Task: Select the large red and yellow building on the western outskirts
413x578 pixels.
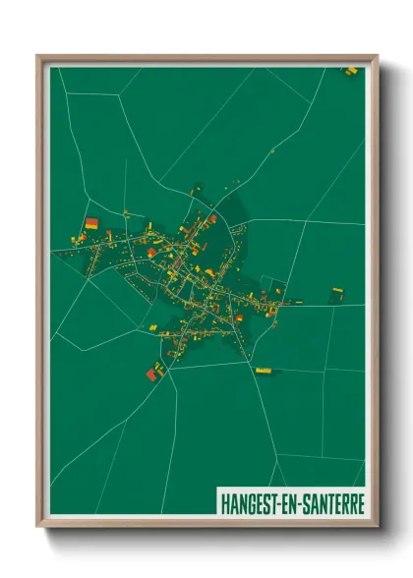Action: click(x=91, y=224)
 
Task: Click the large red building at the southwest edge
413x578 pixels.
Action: click(x=152, y=372)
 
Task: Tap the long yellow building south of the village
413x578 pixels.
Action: click(x=263, y=370)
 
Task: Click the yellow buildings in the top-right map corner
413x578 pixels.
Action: click(x=350, y=70)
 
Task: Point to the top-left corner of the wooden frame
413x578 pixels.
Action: click(x=38, y=57)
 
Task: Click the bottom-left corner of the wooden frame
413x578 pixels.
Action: click(x=38, y=525)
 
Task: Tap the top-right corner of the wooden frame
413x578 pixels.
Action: click(x=376, y=57)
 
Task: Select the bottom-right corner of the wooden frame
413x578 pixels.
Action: click(x=376, y=525)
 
